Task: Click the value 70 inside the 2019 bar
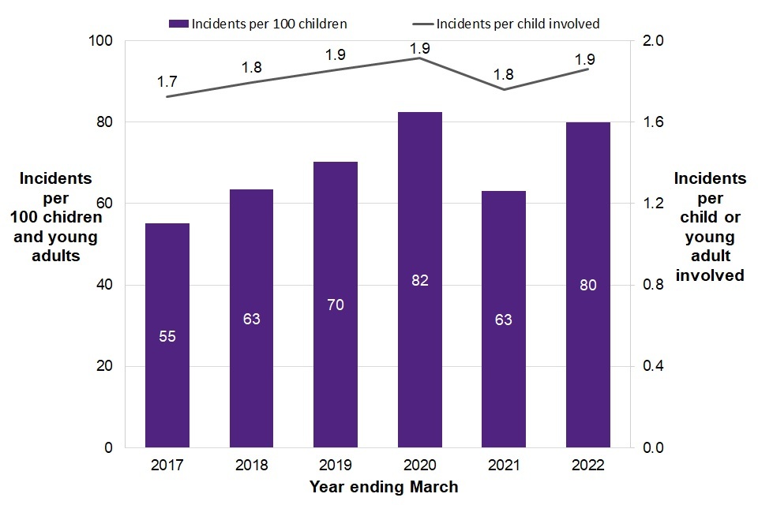[x=336, y=305]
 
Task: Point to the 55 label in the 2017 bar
[x=167, y=336]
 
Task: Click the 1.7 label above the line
[x=167, y=80]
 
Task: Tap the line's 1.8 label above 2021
[x=504, y=75]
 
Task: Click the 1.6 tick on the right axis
[x=655, y=122]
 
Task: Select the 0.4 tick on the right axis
[x=655, y=366]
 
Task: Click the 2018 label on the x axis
[x=251, y=465]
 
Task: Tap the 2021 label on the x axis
[x=504, y=465]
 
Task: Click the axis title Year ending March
[x=384, y=487]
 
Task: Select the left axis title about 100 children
[x=55, y=217]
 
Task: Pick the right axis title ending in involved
[x=709, y=227]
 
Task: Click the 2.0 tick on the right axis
[x=655, y=41]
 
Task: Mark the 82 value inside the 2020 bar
[x=419, y=280]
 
